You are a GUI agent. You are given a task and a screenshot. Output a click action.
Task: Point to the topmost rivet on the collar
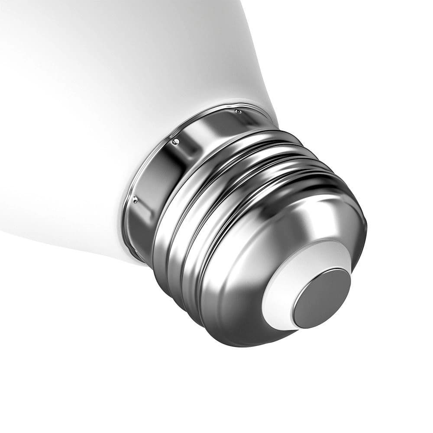pyautogui.click(x=238, y=112)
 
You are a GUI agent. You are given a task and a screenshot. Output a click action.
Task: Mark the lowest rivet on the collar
pyautogui.click(x=135, y=200)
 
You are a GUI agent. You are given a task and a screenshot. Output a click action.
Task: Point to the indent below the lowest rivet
pyautogui.click(x=143, y=216)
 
